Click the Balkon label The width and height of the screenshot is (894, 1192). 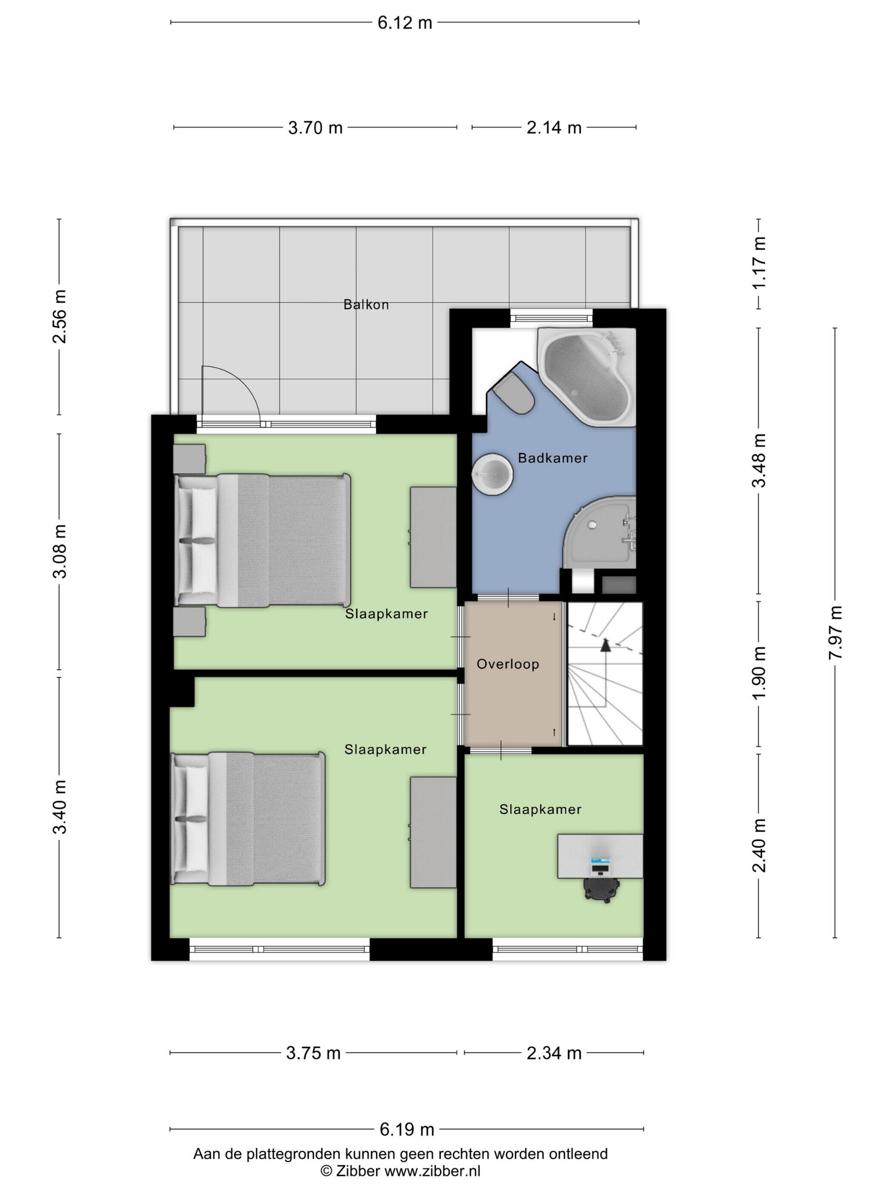tap(366, 304)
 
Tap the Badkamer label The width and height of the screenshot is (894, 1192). tap(552, 458)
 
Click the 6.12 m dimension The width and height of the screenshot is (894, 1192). tap(405, 23)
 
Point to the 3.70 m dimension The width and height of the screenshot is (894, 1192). tap(315, 128)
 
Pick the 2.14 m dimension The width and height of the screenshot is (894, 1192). tap(554, 128)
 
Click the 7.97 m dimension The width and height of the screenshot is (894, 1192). tap(835, 633)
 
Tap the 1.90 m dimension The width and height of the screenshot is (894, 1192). tap(759, 673)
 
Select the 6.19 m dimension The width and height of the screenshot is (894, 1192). tap(407, 1129)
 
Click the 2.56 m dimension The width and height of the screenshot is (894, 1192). tap(59, 316)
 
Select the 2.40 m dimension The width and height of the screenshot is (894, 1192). tap(759, 845)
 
